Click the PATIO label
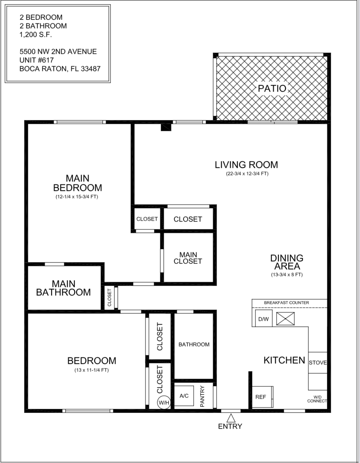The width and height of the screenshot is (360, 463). tap(272, 88)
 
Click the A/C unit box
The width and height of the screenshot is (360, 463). tap(184, 396)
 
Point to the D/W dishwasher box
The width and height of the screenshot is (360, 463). tap(263, 319)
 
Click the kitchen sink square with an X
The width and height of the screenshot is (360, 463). tap(285, 319)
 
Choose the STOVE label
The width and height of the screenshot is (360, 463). tap(318, 363)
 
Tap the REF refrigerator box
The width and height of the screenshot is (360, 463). tap(261, 397)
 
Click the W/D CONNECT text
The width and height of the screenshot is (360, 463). tap(317, 399)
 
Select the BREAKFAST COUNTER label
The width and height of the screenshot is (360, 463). tap(286, 303)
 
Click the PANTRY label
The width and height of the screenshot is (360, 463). tap(202, 396)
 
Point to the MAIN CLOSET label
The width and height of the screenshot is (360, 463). tap(188, 258)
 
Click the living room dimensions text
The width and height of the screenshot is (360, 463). tap(246, 174)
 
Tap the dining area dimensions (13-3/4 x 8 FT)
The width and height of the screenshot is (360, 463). tap(287, 275)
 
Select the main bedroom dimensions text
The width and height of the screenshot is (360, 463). tap(77, 197)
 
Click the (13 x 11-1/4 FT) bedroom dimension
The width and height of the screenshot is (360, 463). tap(91, 370)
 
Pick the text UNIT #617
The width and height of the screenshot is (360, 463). tap(37, 60)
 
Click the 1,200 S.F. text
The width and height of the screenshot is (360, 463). tap(36, 35)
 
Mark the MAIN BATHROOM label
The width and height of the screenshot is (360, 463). tap(64, 288)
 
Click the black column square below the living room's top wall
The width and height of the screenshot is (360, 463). tap(166, 127)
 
